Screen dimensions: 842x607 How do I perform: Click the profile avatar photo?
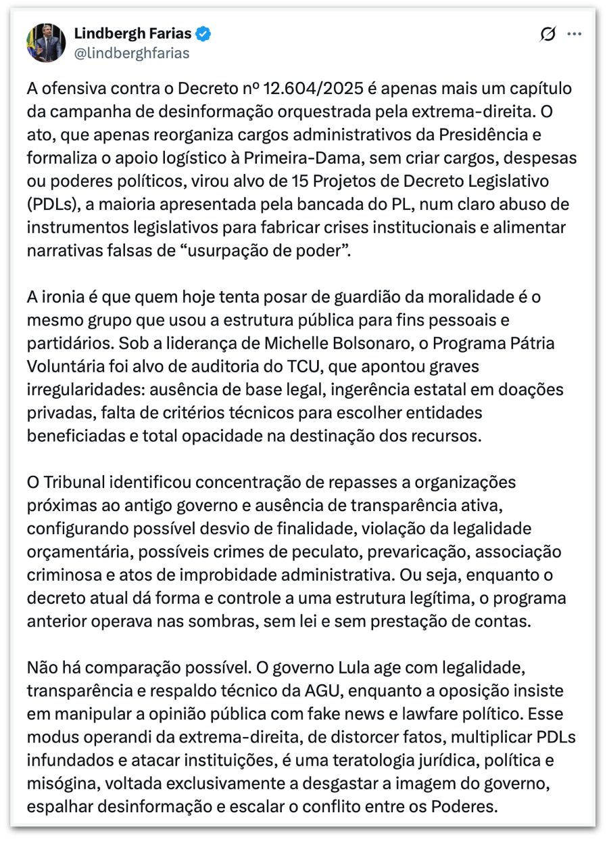coord(46,42)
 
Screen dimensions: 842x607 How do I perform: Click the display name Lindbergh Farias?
coord(132,33)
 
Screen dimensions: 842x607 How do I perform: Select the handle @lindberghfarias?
coord(131,53)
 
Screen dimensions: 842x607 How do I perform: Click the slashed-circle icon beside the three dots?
coord(548,35)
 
